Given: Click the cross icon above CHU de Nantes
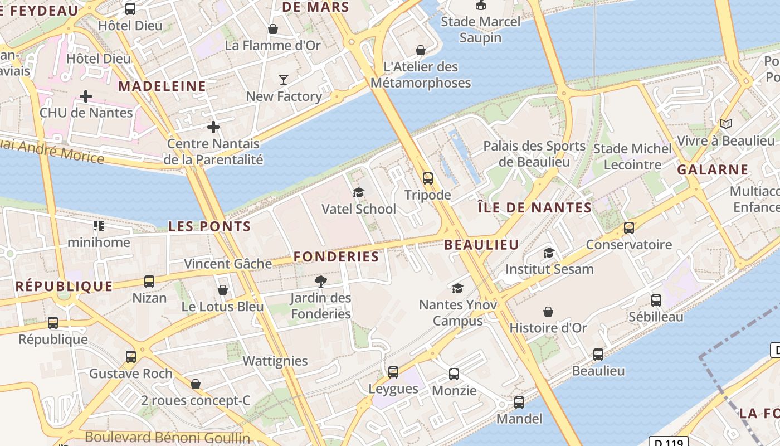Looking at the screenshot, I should (x=86, y=96).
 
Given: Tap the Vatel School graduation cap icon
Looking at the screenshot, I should (x=358, y=192).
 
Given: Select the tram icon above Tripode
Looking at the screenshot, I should (x=427, y=178).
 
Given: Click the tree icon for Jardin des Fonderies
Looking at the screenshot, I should (x=321, y=281).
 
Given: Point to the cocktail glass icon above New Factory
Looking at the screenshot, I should (x=284, y=80).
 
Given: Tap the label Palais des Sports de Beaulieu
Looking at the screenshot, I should (x=534, y=154).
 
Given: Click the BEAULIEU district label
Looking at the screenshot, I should (x=481, y=244).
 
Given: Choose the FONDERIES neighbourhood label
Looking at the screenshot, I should (x=336, y=256).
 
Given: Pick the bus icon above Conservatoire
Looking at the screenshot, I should (x=629, y=228).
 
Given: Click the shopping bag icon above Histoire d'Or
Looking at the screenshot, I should (x=548, y=311).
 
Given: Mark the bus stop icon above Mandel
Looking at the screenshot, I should (x=519, y=402).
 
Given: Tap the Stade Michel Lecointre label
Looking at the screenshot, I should (x=632, y=157).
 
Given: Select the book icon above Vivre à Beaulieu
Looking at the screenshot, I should (x=725, y=124).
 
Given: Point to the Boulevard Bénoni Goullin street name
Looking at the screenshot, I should (x=167, y=438).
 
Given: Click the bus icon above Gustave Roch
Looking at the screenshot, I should (x=131, y=357).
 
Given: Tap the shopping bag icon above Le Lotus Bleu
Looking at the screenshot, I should (x=223, y=290).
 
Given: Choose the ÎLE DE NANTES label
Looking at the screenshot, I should (x=535, y=208).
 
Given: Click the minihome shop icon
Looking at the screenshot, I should (x=99, y=226).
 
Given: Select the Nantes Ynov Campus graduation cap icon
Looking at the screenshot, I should (x=457, y=288).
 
